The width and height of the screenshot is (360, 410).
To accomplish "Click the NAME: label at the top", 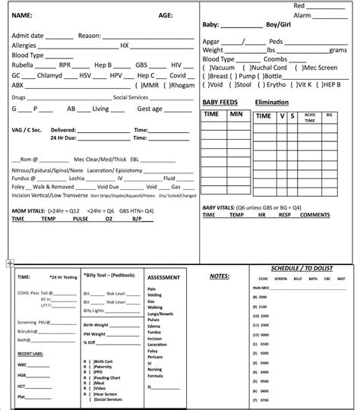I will (23, 15).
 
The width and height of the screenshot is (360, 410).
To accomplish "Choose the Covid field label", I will (176, 75).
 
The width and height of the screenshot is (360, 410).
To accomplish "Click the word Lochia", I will (77, 177).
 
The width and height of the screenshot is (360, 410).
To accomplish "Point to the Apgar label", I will (213, 40).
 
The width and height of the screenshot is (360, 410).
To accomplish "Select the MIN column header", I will (236, 114).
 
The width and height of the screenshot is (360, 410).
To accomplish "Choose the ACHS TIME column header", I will (309, 115).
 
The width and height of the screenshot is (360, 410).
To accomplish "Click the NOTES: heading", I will (219, 277).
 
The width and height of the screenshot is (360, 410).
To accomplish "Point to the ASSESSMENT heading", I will (163, 279).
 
